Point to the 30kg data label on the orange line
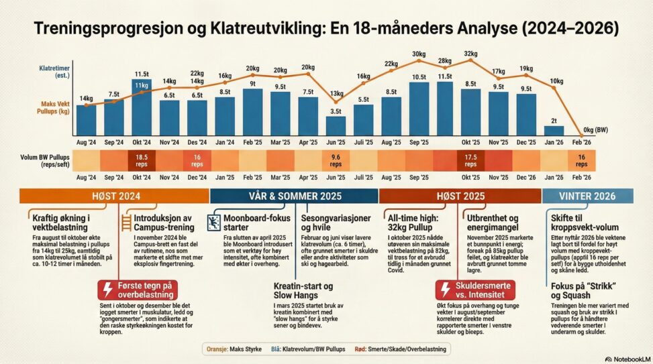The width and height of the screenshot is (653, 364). [x=419, y=54]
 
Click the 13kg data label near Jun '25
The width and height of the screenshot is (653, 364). [x=336, y=93]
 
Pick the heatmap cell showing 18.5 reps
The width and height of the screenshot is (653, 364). [x=142, y=160]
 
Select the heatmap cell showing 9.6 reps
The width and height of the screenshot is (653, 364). [x=336, y=160]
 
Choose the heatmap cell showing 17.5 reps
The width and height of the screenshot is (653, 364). [x=470, y=160]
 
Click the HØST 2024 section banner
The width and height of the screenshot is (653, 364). [x=114, y=196]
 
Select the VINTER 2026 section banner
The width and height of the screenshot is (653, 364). [x=587, y=196]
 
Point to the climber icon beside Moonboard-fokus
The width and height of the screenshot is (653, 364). [x=215, y=221]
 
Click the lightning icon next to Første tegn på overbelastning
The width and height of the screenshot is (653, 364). [x=109, y=289]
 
